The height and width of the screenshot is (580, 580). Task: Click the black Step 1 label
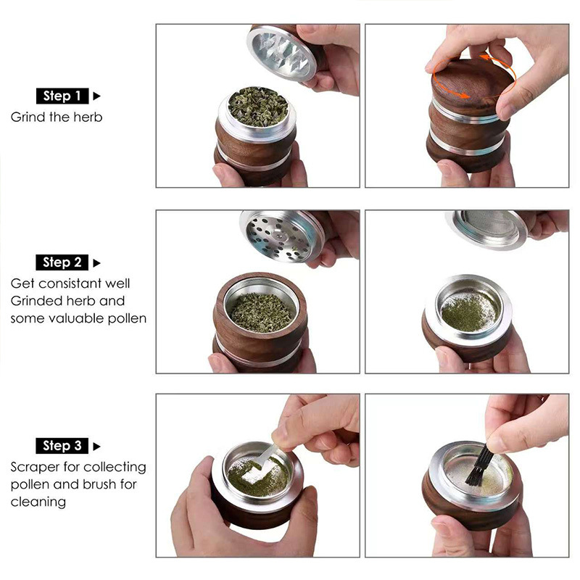click(62, 96)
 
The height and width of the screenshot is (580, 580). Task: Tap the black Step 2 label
click(62, 262)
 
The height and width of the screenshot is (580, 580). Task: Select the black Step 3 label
click(62, 445)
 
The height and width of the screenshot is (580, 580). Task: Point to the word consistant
click(70, 283)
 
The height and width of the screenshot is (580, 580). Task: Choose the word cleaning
click(38, 502)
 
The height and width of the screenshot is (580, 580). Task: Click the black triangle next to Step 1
click(96, 96)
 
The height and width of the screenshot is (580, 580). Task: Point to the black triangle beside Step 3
click(96, 446)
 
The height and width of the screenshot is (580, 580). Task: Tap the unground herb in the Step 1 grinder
click(258, 107)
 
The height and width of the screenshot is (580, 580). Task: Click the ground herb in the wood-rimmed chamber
click(261, 312)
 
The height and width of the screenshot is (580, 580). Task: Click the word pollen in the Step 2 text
click(127, 319)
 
